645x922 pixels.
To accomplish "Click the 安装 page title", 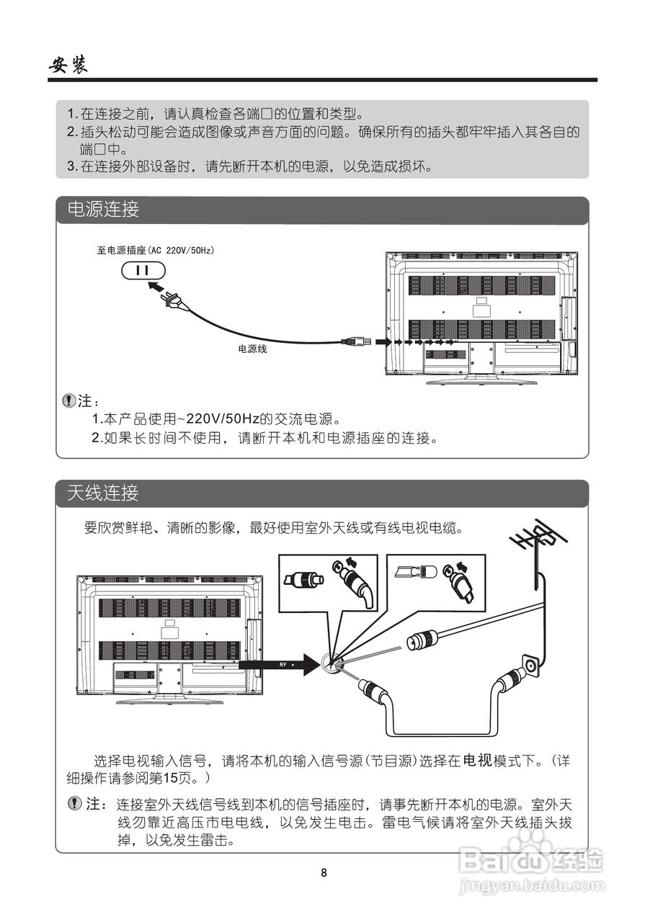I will click(68, 66).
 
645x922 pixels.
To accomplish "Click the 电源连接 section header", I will click(103, 210).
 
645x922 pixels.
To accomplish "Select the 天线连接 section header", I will click(103, 493).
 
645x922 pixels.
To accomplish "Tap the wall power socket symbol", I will click(143, 270).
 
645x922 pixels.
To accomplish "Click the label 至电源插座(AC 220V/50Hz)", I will click(156, 251).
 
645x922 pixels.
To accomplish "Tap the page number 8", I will click(324, 873).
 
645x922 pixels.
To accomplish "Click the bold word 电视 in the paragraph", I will click(476, 761).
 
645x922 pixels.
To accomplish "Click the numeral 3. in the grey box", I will click(71, 166).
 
